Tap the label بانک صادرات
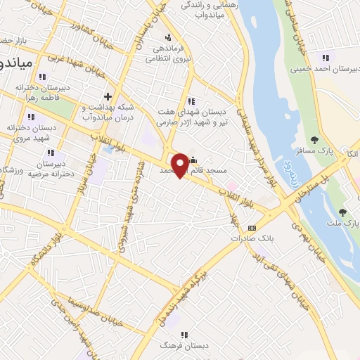tap(252, 238)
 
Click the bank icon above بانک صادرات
tap(252, 227)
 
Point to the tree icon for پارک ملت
tap(342, 212)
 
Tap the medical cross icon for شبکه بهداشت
tap(108, 96)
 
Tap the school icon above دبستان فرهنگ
tap(184, 335)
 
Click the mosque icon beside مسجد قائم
tap(193, 160)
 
